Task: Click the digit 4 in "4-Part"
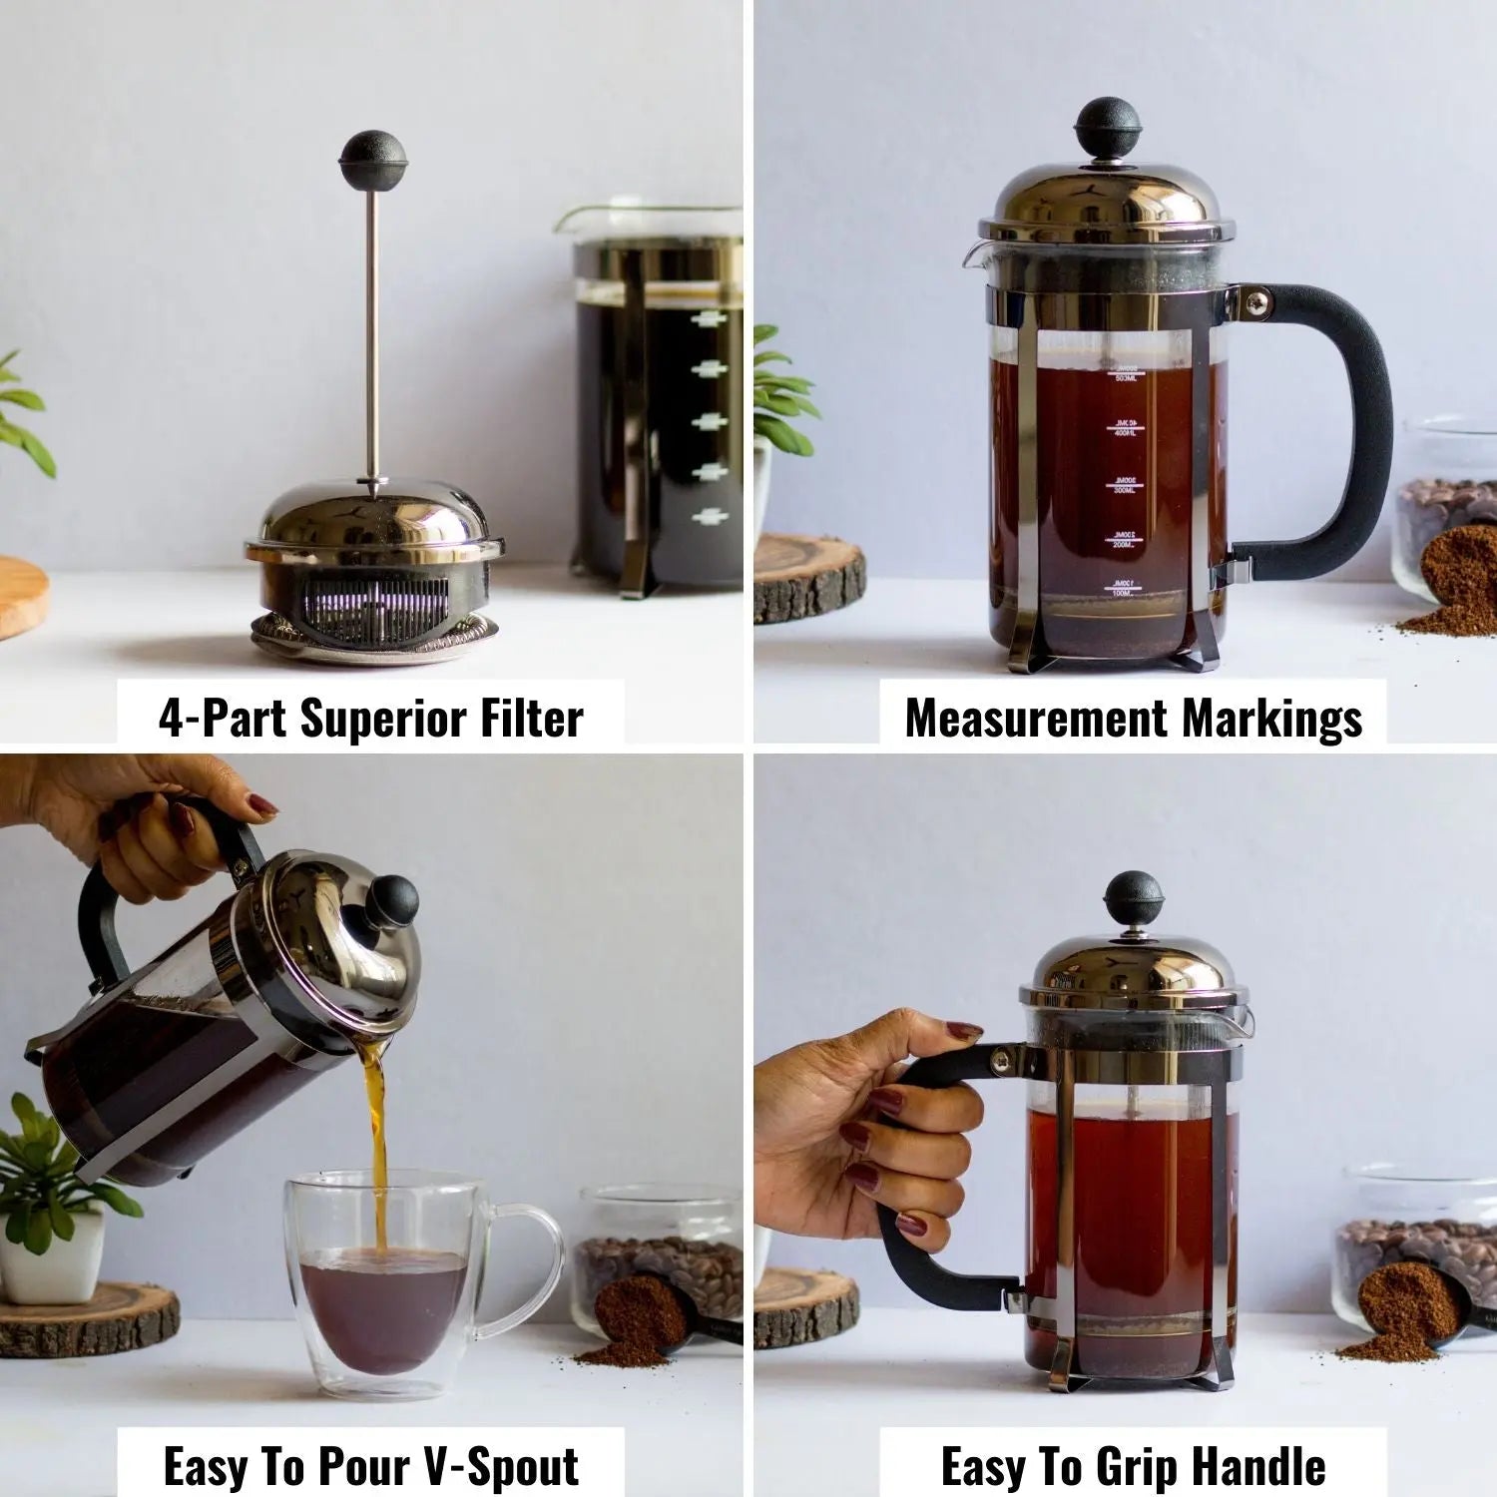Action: click(x=171, y=720)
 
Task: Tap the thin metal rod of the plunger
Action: click(x=372, y=329)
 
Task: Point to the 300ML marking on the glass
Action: click(x=1125, y=486)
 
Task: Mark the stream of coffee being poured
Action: click(x=377, y=1148)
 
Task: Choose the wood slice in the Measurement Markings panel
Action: click(x=809, y=579)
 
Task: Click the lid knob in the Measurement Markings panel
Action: click(x=1107, y=128)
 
